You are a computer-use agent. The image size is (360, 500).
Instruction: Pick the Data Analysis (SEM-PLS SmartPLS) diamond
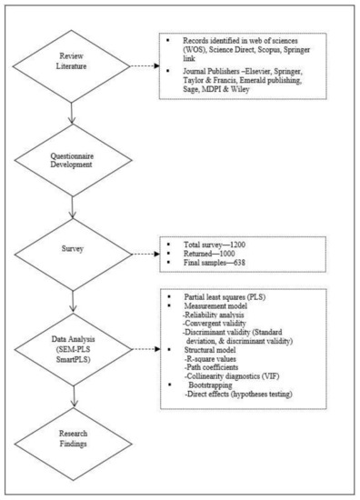(x=78, y=355)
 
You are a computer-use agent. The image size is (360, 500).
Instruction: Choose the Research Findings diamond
(x=78, y=441)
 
